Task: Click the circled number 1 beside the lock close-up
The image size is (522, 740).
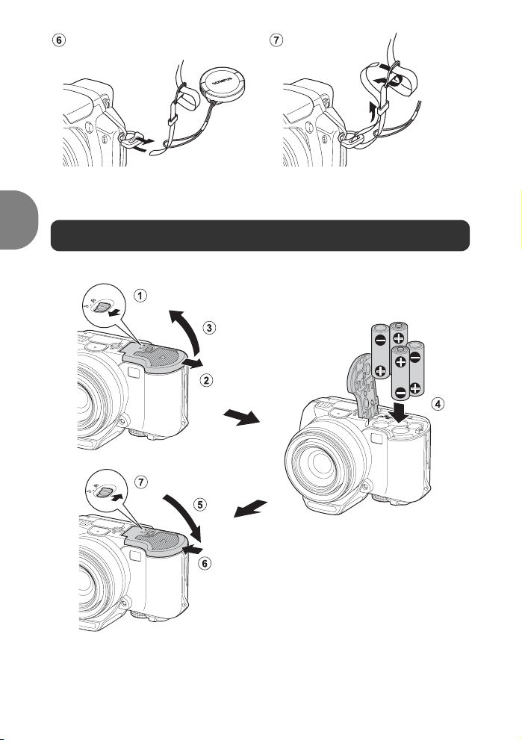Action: coord(140,296)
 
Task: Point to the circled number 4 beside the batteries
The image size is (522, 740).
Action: coord(438,404)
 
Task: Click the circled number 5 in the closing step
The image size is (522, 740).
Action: coord(200,505)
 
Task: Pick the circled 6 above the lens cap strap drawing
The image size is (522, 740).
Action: coord(58,40)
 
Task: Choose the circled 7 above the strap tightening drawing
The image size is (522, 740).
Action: coord(276,40)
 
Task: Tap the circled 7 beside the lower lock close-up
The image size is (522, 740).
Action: coord(140,482)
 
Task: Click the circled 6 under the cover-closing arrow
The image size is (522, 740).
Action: coord(205,563)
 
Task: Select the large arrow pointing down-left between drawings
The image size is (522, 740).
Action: coord(251,509)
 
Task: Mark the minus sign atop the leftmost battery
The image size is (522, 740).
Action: coord(380,340)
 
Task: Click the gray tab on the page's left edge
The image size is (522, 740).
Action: coord(19,220)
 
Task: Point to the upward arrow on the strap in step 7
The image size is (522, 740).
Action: coord(373,111)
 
